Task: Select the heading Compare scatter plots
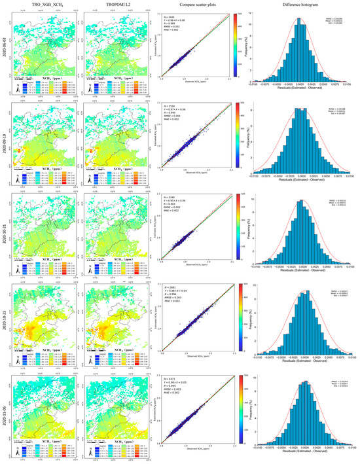[x=198, y=5]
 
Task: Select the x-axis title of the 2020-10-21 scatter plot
[x=197, y=272]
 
